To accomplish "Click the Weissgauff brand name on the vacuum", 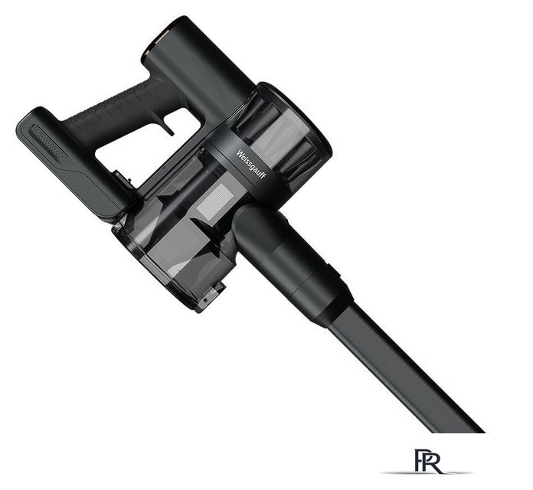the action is [x=251, y=164].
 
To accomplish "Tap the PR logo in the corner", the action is [x=427, y=462].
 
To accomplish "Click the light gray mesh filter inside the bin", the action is [x=215, y=201].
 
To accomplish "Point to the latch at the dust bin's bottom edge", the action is [x=211, y=296].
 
